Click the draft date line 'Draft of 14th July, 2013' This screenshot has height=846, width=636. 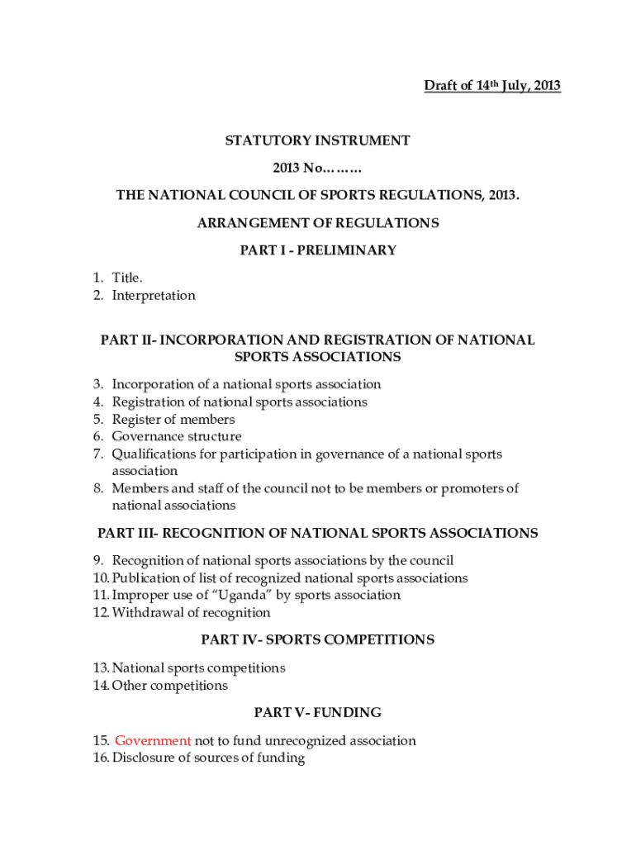pos(492,86)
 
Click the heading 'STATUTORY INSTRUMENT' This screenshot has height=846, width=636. pos(318,141)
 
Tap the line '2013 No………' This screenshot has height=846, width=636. pos(318,169)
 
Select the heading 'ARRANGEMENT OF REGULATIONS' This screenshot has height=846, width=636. pos(318,223)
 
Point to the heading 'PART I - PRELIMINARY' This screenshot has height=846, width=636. pos(318,250)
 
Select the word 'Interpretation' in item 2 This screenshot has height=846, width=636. pos(154,296)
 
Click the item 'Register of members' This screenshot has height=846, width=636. pos(173,419)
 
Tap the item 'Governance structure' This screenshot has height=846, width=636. pos(177,436)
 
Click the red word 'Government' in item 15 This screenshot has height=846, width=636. pos(153,741)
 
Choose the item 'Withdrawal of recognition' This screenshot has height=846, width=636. pos(191,613)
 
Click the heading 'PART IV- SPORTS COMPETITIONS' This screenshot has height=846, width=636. pos(318,640)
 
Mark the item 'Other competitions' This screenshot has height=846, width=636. pos(169,686)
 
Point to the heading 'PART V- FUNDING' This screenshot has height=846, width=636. pos(318,712)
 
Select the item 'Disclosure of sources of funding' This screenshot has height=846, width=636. pos(208,758)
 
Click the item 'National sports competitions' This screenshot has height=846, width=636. pos(198,668)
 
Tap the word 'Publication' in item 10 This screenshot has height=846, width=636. pos(144,578)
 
